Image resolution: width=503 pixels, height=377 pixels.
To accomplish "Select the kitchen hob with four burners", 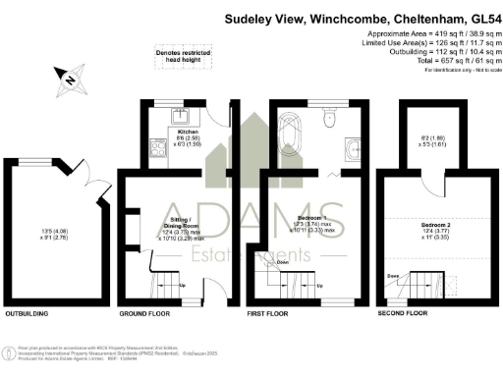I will click(157, 149).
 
